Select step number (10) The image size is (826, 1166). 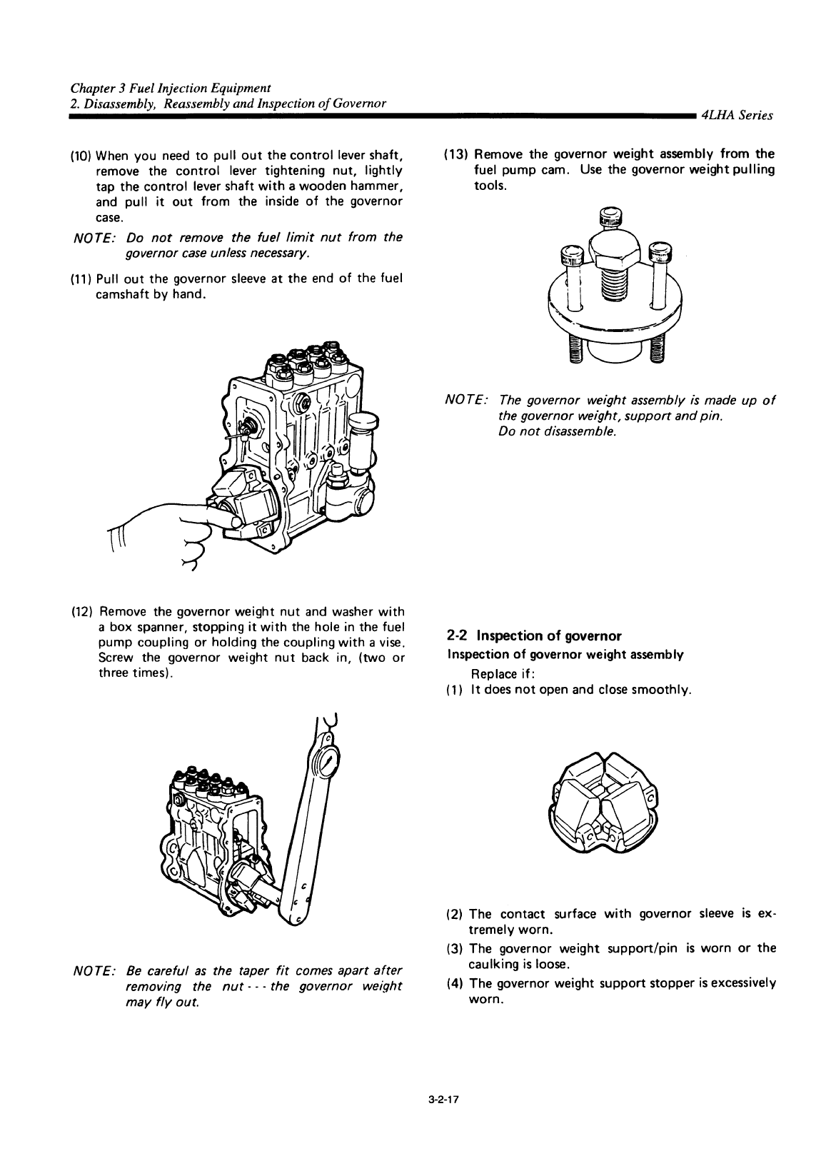(x=82, y=156)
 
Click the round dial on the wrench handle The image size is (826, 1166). (x=325, y=762)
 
